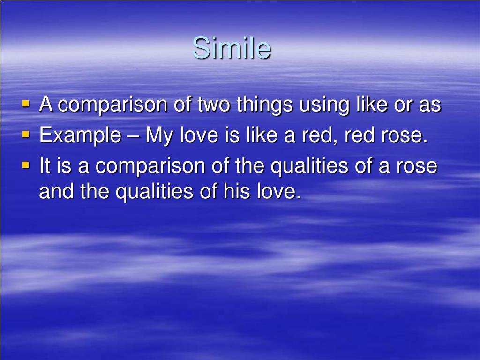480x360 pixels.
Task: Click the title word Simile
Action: [232, 48]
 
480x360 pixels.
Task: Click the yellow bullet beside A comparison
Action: [26, 104]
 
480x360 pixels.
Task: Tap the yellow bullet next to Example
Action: [26, 134]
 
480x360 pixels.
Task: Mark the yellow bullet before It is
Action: [26, 165]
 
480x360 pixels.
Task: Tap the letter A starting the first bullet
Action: [45, 104]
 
